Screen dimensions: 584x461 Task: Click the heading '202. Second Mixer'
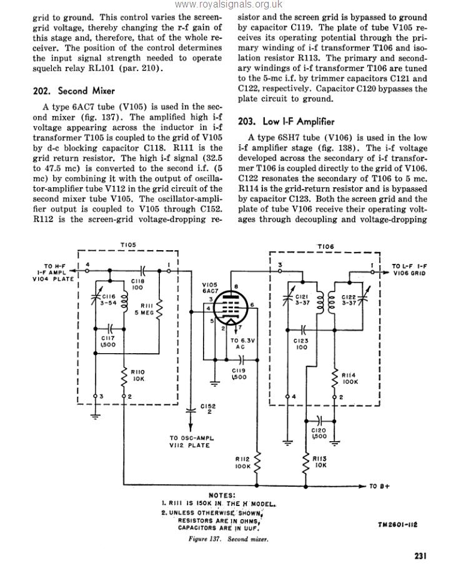74,91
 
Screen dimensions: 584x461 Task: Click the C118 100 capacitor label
138,285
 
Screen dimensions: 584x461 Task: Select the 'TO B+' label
380,486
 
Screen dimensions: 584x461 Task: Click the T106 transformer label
325,247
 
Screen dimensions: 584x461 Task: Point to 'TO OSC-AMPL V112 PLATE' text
193,442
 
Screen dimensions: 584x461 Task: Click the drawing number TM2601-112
398,525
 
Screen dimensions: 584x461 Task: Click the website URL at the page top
229,5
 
